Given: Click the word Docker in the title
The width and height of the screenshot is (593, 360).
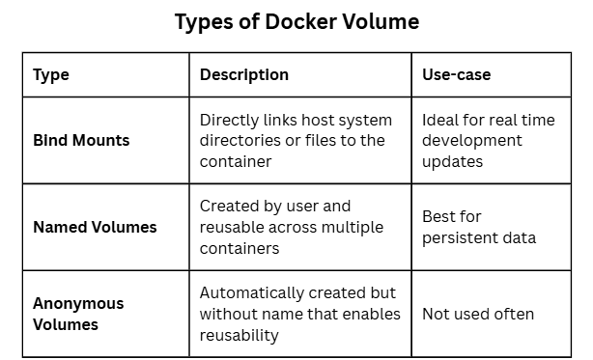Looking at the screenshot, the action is (x=300, y=21).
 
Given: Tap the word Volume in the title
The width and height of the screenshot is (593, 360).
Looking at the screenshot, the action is (x=381, y=21).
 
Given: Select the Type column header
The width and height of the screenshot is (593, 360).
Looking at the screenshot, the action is (x=51, y=75).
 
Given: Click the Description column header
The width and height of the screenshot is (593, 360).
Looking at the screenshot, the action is (x=244, y=74).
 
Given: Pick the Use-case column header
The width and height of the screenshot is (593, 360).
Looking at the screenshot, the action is (x=457, y=74).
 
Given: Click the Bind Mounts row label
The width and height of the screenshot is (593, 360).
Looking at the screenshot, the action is (x=81, y=141).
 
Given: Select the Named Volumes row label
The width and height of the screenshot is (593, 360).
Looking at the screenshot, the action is (x=95, y=228).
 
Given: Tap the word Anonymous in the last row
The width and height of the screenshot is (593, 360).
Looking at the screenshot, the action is (x=78, y=304).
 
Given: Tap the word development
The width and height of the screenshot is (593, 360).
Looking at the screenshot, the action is (x=472, y=141).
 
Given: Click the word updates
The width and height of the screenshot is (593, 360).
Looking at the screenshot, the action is (x=452, y=162).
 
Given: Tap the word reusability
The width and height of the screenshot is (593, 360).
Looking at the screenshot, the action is (x=239, y=336).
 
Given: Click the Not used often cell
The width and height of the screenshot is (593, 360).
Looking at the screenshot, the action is (x=478, y=315).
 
